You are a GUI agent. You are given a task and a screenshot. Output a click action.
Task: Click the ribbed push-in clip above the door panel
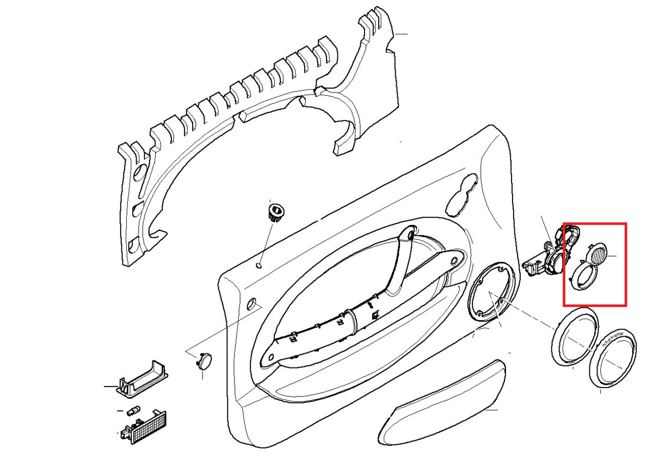click(276, 210)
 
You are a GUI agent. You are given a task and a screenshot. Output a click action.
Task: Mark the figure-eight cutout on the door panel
click(462, 195)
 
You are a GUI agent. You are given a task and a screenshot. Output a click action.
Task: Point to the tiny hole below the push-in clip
click(260, 266)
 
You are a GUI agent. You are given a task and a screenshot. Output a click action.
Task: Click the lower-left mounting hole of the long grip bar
click(268, 358)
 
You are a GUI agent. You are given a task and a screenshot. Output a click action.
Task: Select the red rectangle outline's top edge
click(594, 223)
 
